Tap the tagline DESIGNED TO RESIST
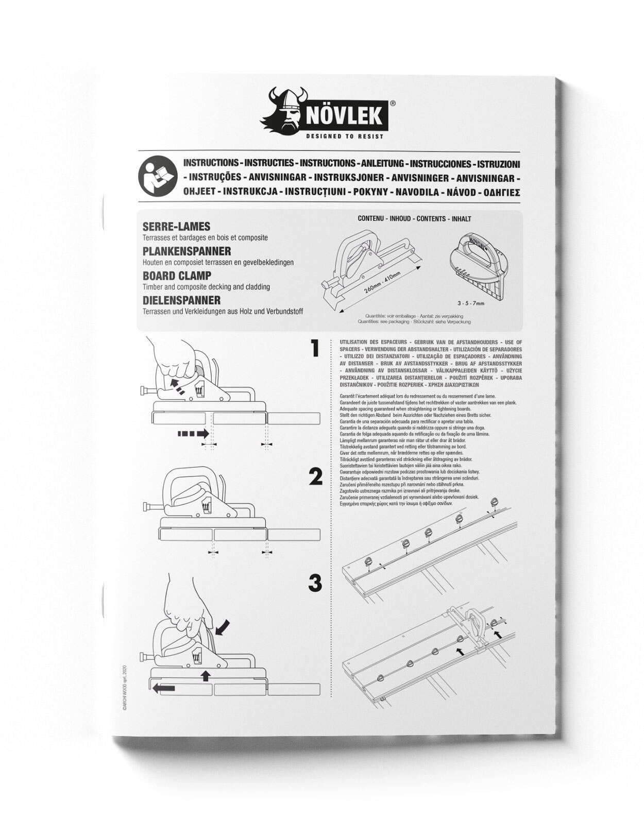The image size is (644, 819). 345,136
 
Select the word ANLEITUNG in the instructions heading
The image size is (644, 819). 382,164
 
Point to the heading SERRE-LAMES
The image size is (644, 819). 176,227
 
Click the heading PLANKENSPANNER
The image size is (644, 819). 187,251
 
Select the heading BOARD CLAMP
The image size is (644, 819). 177,276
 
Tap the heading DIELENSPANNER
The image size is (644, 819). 181,300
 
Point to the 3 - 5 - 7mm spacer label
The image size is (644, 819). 471,303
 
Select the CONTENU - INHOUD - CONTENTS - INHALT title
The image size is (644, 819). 414,219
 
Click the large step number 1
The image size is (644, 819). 315,349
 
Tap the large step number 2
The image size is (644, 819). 315,477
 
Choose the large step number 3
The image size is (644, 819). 315,583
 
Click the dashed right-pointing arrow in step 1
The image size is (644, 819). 193,434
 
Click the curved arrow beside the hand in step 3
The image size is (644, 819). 223,626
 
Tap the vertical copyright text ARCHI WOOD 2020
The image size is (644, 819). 124,687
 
